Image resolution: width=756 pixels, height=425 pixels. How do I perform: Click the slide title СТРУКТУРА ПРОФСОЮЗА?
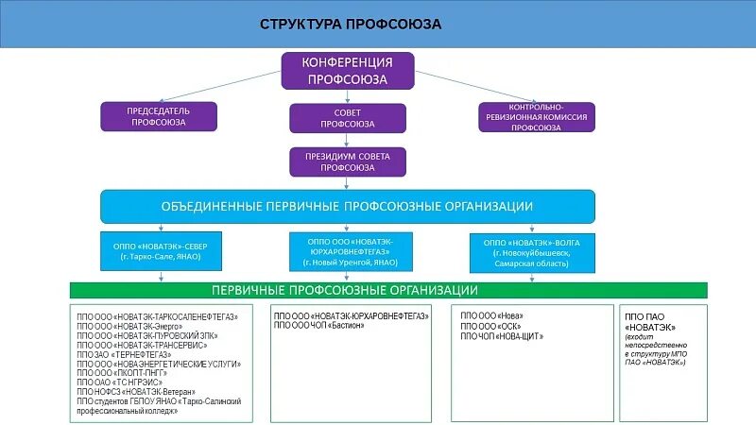[x=351, y=25]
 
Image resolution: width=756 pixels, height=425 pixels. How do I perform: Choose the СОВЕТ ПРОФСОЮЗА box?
[x=347, y=117]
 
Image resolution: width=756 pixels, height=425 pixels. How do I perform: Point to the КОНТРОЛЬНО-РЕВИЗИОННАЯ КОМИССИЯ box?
[x=536, y=117]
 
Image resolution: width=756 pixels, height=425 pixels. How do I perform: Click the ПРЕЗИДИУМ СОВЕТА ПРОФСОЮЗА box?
[x=347, y=161]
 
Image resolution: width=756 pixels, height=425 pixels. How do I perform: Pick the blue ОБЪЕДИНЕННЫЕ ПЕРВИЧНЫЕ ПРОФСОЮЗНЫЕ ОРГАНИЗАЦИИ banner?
[x=348, y=206]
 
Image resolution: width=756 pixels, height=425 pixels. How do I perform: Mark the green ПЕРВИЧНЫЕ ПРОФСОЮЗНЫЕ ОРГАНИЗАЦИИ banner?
[x=388, y=290]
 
